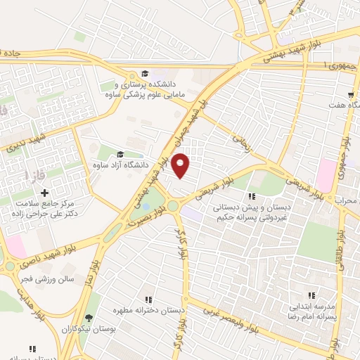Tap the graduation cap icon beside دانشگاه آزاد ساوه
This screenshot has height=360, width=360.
coord(120,155)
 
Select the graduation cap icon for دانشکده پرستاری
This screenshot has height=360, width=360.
coord(144,74)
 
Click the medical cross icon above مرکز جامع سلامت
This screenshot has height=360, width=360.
coord(44,193)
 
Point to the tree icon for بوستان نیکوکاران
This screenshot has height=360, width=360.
coord(88,317)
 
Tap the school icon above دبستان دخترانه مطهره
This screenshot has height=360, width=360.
coord(148,299)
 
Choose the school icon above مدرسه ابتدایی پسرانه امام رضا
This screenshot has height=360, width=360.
coord(310,296)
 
